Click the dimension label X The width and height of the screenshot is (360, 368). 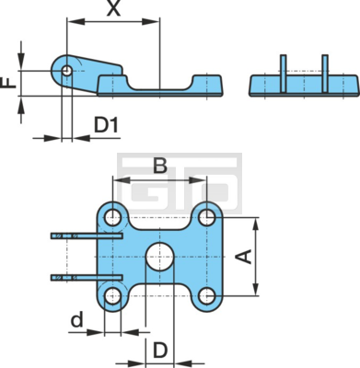[x=114, y=8]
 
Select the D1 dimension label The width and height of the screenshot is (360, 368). [x=106, y=125]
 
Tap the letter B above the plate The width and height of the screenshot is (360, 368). [x=160, y=166]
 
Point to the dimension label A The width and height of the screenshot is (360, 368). [x=245, y=257]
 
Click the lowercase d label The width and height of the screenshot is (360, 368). [x=77, y=319]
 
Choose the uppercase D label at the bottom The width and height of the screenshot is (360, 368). [x=160, y=351]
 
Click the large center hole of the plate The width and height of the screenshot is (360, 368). [x=160, y=257]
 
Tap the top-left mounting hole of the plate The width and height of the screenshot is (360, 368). [x=113, y=218]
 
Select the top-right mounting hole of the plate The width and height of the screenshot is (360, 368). [x=207, y=218]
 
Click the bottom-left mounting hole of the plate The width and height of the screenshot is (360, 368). [x=113, y=296]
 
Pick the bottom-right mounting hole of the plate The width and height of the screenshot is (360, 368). [x=207, y=296]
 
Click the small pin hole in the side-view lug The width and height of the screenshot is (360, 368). [x=66, y=71]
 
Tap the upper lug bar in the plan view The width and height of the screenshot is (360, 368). [x=87, y=236]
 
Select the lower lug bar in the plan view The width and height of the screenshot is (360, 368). [x=87, y=278]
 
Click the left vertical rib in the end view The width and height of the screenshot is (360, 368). [x=284, y=74]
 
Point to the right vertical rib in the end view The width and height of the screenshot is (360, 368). [x=325, y=74]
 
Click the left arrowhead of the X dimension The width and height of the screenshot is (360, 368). [x=75, y=21]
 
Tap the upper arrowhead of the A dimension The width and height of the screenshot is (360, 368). [x=256, y=226]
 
